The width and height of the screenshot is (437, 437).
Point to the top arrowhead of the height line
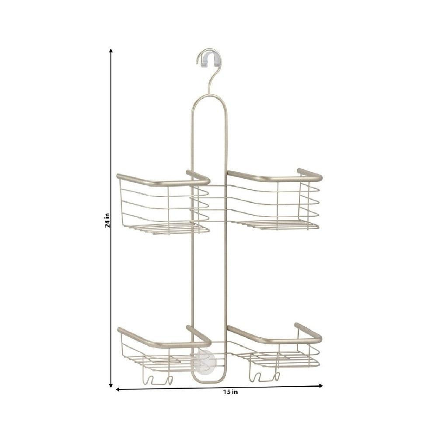point(111,51)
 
